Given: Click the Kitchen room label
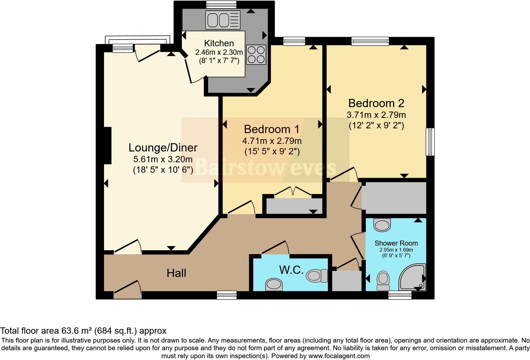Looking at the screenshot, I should click(x=219, y=43).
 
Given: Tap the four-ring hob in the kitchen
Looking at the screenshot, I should click(x=256, y=55).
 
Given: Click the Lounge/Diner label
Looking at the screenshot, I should click(x=163, y=148).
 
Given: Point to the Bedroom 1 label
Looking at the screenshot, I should click(x=272, y=129).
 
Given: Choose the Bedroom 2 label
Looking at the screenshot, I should click(x=376, y=103).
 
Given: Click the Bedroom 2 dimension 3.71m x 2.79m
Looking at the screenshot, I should click(x=376, y=115).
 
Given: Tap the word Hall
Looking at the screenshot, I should click(x=176, y=273).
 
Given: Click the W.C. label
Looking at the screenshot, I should click(x=291, y=270).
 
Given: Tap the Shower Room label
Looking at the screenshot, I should click(x=396, y=243).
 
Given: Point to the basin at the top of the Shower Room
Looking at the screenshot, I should click(x=382, y=225).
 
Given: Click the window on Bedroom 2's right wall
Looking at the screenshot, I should click(x=430, y=142).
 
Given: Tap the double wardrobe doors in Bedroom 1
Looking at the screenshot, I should click(x=293, y=192).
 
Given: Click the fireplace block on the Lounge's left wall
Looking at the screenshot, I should click(x=107, y=145).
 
